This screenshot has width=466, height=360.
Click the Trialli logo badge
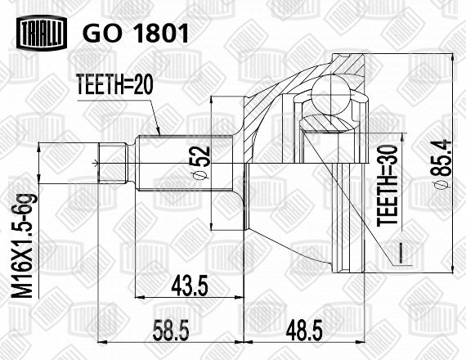tap(42, 33)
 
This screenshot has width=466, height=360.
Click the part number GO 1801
tap(136, 33)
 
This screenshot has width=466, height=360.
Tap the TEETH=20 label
tap(114, 84)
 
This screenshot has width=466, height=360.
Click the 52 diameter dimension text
tap(200, 163)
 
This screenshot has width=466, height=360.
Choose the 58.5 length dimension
tap(171, 330)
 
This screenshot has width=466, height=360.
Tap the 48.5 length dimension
tap(304, 330)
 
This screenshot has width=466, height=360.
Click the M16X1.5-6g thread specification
tap(22, 245)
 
